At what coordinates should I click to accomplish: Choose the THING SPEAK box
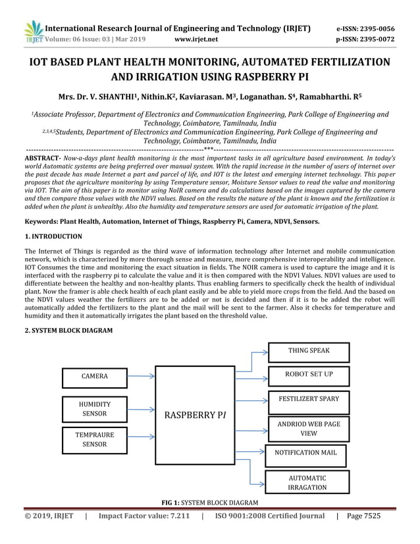coord(309,352)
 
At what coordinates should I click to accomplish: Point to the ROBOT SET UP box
coord(309,375)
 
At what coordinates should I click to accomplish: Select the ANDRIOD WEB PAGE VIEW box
coord(309,429)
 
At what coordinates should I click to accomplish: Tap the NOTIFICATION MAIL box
coord(305,453)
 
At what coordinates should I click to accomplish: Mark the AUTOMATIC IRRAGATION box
coord(306,482)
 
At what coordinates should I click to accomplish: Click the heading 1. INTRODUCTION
coord(53,236)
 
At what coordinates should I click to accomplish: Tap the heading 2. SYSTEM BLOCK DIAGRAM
coord(68,329)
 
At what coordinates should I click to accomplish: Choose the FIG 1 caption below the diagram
coord(209,503)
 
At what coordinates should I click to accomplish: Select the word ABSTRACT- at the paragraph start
coord(42,159)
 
